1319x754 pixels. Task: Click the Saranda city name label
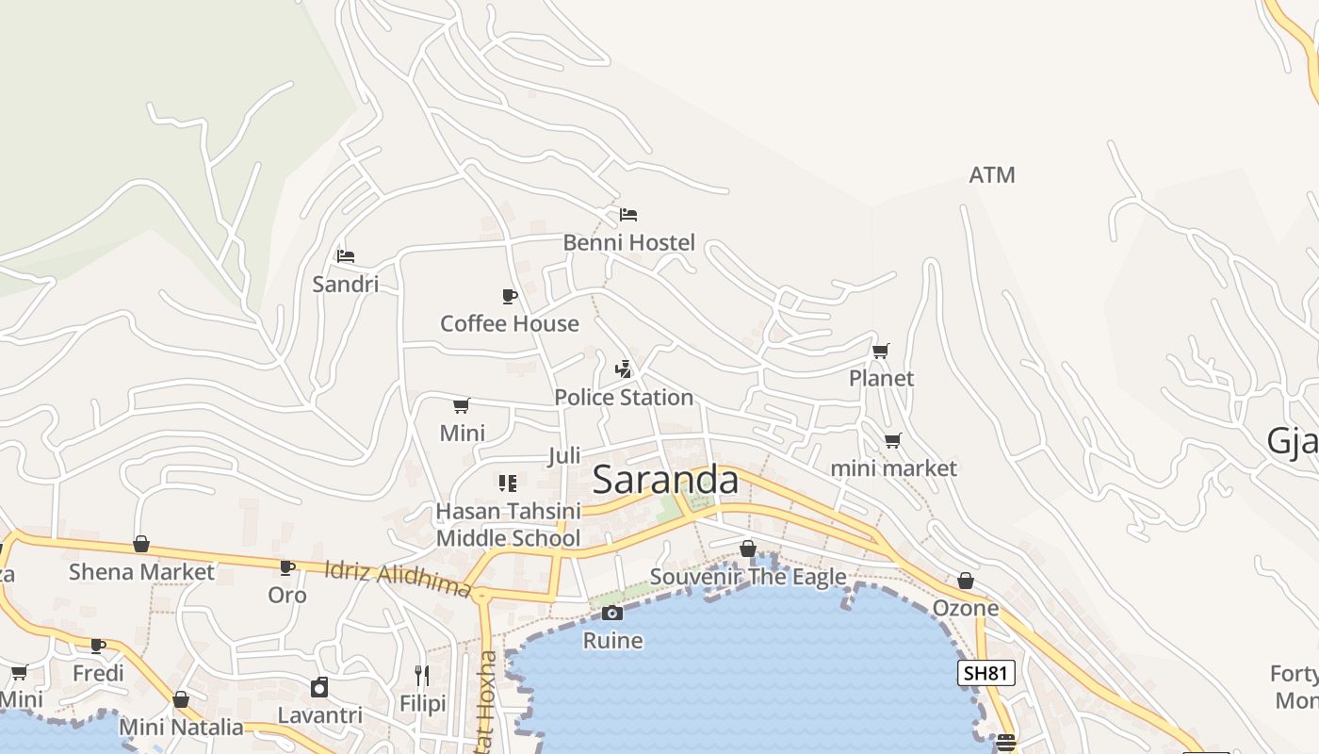tap(665, 480)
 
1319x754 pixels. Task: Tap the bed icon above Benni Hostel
tap(628, 215)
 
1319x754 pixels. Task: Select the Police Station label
tap(624, 398)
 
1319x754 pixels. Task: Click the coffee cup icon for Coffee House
tap(510, 297)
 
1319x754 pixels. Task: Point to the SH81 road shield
tap(986, 673)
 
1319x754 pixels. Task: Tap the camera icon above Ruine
tap(612, 614)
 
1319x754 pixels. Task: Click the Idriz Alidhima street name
tap(397, 579)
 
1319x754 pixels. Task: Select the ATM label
tap(992, 175)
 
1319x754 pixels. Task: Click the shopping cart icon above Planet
tap(881, 352)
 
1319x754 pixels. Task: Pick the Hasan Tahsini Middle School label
tap(508, 525)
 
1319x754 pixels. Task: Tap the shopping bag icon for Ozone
tap(966, 582)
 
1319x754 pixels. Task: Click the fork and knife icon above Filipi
tap(422, 676)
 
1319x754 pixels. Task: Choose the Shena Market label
tap(141, 572)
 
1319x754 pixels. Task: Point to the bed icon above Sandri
tap(346, 255)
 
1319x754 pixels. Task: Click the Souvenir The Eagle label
tap(748, 577)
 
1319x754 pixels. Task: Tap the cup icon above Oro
tap(287, 567)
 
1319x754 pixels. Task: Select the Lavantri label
tap(320, 715)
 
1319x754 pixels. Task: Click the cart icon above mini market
tap(893, 441)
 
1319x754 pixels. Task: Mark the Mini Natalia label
tap(181, 728)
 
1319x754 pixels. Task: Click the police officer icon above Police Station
tap(623, 369)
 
